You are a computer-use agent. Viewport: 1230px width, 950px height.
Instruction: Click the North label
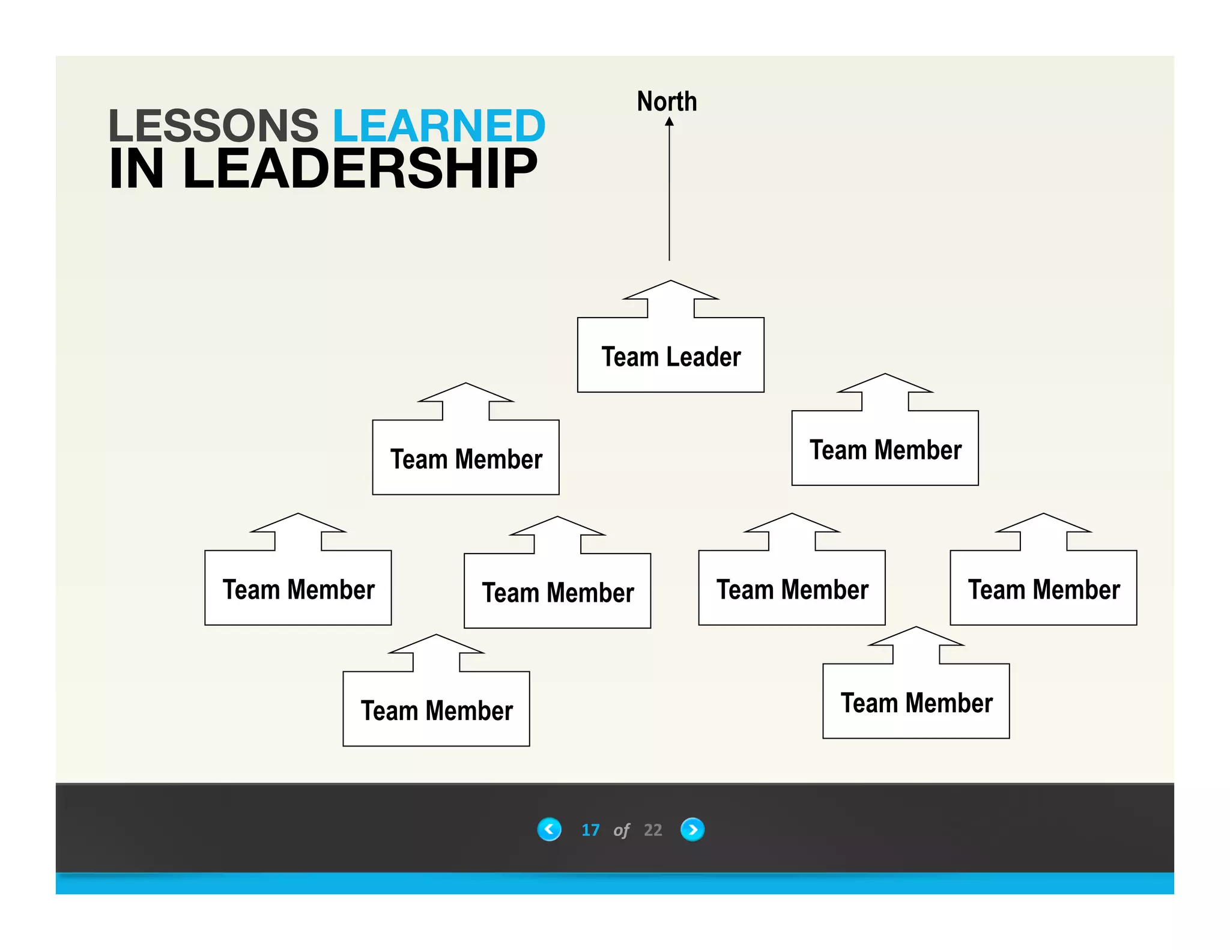pyautogui.click(x=667, y=101)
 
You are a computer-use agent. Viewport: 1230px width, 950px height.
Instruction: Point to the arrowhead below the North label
pyautogui.click(x=669, y=122)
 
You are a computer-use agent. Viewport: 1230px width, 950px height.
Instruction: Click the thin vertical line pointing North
pyautogui.click(x=669, y=192)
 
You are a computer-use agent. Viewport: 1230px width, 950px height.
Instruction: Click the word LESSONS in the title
pyautogui.click(x=213, y=126)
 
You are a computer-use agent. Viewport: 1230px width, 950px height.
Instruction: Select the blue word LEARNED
pyautogui.click(x=439, y=126)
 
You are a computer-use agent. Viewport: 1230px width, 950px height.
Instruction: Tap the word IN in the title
pyautogui.click(x=136, y=169)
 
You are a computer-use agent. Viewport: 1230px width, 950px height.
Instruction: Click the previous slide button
pyautogui.click(x=549, y=829)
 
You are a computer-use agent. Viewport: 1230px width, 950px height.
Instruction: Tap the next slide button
pyautogui.click(x=692, y=829)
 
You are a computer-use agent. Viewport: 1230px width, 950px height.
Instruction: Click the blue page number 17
pyautogui.click(x=590, y=830)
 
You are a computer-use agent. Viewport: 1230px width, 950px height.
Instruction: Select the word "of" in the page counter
pyautogui.click(x=621, y=830)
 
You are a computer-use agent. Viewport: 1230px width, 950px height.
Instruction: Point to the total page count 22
pyautogui.click(x=653, y=830)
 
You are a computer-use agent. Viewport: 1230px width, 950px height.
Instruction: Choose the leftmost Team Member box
pyautogui.click(x=298, y=588)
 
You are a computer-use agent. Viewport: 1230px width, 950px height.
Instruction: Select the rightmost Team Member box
pyautogui.click(x=1043, y=588)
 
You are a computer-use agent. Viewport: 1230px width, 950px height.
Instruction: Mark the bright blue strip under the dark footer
pyautogui.click(x=615, y=883)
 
